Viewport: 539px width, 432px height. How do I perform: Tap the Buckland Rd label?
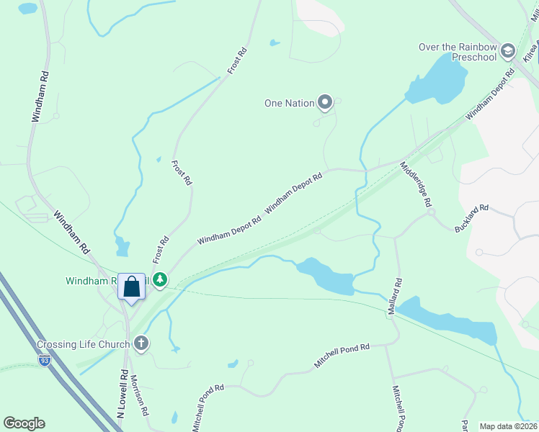click(x=471, y=219)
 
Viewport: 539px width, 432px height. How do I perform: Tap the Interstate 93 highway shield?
click(x=45, y=360)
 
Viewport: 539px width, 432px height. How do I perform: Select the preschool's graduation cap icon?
click(x=507, y=50)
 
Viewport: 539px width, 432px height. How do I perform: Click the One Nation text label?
click(x=290, y=103)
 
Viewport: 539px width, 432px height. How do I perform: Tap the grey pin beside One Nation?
click(x=325, y=103)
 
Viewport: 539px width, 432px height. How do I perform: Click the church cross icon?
click(x=141, y=343)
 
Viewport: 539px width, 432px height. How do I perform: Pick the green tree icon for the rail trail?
click(x=159, y=279)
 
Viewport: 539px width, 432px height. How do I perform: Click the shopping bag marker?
click(x=131, y=287)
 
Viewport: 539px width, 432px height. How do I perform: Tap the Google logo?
click(x=24, y=423)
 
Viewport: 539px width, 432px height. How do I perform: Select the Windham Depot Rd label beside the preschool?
click(x=490, y=94)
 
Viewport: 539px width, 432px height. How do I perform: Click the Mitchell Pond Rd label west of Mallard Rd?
click(x=342, y=356)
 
